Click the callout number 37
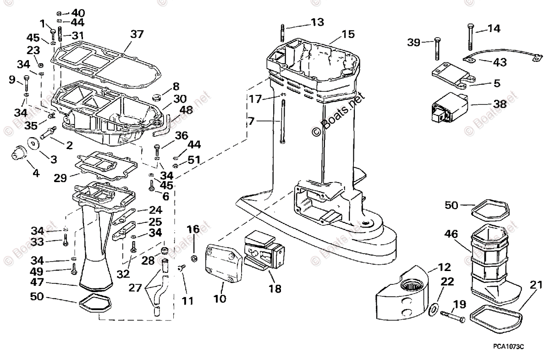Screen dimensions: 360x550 click(x=137, y=34)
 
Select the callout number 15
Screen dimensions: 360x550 click(x=348, y=34)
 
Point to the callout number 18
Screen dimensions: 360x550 click(x=275, y=289)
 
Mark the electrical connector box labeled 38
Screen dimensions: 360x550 click(x=447, y=110)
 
